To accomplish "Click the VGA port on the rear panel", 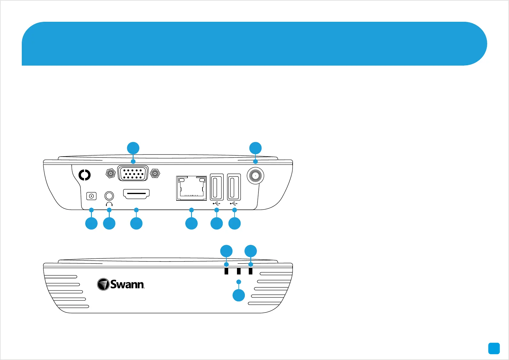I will pos(133,173).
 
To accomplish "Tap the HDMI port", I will pos(136,194).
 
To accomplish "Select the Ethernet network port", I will pos(191,188).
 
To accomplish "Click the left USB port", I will pos(217,187).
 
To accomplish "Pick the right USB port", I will pos(234,187).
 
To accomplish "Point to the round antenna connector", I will pos(255,176).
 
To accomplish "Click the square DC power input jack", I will pos(91,196).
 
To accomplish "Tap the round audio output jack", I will pos(109,196).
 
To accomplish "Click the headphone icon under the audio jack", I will pos(109,204).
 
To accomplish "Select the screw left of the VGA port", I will pos(111,174).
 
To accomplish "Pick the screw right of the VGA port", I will pos(155,174).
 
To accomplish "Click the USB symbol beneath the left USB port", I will pos(216,203).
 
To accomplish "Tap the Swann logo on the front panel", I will pos(121,284).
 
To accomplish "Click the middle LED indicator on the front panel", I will pos(239,271).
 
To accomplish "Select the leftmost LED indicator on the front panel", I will pos(226,271).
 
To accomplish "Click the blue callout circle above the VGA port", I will pos(133,148).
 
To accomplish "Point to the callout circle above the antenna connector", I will pos(255,148).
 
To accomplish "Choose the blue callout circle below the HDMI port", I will pos(136,224).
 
